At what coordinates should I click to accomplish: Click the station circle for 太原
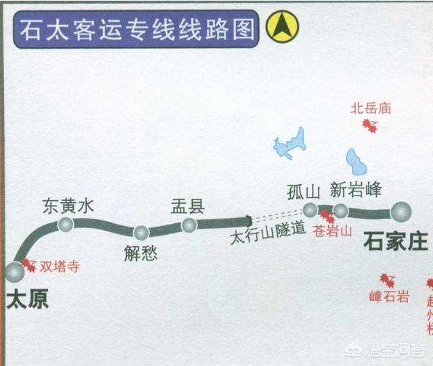tap(14, 272)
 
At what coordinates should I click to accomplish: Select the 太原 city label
tap(28, 300)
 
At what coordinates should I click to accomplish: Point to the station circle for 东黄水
tap(66, 224)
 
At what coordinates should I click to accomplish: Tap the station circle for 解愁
tap(141, 233)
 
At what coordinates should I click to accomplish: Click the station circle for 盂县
tap(189, 225)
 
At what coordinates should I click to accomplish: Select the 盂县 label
tap(188, 206)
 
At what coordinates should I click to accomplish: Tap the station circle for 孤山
tap(310, 210)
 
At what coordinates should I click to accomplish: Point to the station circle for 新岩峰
tap(340, 211)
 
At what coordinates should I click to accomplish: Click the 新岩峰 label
tap(357, 189)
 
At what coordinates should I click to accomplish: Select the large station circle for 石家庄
tap(401, 212)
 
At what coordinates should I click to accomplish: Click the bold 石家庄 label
tap(396, 241)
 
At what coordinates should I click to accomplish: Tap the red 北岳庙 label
tap(371, 108)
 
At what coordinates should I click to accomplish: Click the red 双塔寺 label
tap(59, 266)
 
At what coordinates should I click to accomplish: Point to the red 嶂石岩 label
tap(389, 296)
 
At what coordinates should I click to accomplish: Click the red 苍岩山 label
tap(333, 230)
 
